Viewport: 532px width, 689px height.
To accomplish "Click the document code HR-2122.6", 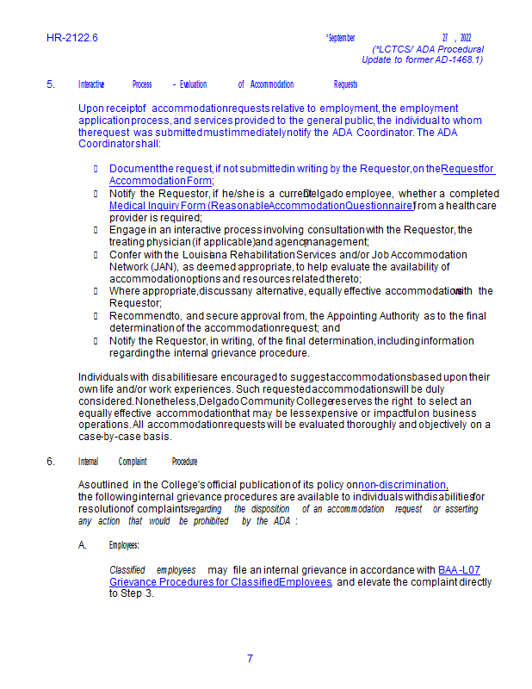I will tap(72, 38).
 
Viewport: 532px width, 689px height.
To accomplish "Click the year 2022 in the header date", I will tap(466, 38).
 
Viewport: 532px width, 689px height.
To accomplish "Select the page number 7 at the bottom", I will tap(250, 659).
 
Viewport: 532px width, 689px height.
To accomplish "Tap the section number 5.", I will tap(51, 84).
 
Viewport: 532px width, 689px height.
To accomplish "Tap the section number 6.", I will tap(51, 462).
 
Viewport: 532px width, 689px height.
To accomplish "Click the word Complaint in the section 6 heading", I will tap(133, 462).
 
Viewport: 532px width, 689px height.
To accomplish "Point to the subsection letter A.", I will tap(83, 545).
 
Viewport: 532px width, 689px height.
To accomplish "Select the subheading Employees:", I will tap(124, 545).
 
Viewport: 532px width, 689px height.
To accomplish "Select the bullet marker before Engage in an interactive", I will tap(96, 230).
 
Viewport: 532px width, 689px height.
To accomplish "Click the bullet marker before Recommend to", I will tap(96, 316).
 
